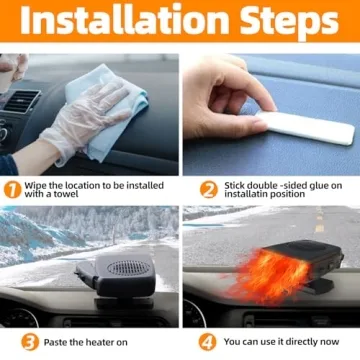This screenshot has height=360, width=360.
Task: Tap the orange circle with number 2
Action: [x=208, y=189]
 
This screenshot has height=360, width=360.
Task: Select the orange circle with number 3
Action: [x=30, y=341]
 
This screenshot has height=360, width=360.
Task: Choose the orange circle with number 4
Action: [x=208, y=341]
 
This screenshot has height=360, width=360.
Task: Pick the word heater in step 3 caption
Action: [x=103, y=341]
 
